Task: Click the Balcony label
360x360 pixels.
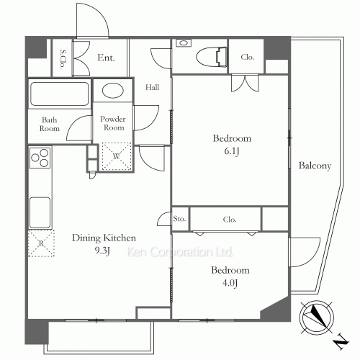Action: (315, 166)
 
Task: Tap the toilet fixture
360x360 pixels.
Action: (212, 57)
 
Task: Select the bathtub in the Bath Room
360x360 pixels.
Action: (59, 94)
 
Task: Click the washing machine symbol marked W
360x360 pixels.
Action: (117, 156)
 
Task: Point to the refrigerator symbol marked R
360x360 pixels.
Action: (41, 243)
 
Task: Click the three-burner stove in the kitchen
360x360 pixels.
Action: (40, 158)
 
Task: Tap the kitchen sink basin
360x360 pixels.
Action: (40, 212)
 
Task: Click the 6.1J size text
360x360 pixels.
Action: (232, 151)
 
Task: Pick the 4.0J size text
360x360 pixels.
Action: (230, 283)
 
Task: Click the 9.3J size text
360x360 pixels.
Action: (102, 251)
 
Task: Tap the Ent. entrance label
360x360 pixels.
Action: (106, 58)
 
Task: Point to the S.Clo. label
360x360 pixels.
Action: (63, 59)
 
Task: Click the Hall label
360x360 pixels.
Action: (152, 87)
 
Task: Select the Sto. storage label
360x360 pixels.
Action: (179, 219)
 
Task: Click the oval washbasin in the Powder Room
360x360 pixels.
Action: (113, 91)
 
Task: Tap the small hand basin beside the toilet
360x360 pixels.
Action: (184, 43)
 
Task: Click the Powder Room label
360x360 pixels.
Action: (113, 123)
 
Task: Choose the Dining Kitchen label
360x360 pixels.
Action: (104, 238)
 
